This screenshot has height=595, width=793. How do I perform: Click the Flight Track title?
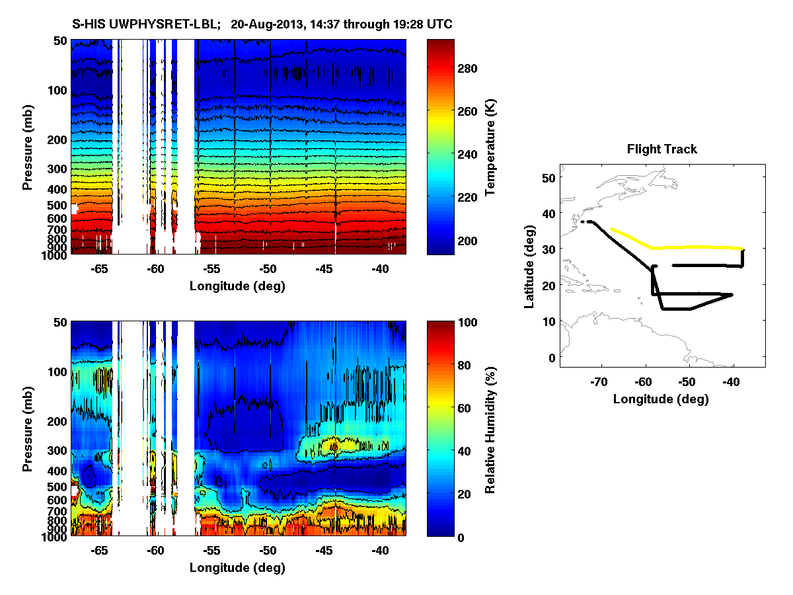[661, 149]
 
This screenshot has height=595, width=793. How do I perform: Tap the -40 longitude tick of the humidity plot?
[380, 551]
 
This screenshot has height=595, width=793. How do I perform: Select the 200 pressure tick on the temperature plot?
[59, 140]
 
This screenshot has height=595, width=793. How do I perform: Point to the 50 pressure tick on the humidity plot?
[61, 323]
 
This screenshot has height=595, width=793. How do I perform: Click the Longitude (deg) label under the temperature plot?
[238, 286]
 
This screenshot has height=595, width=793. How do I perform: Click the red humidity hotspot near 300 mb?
[334, 447]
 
